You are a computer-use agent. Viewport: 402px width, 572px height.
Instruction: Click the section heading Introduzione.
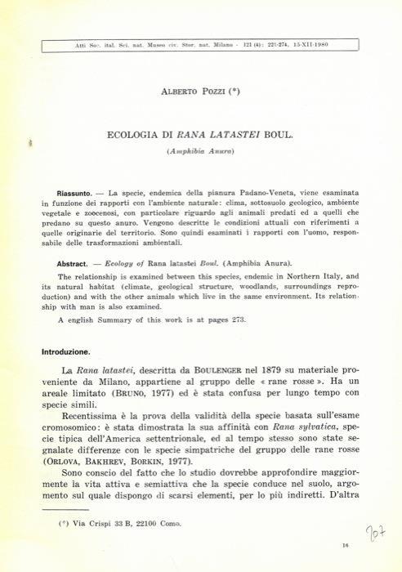tap(72, 351)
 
